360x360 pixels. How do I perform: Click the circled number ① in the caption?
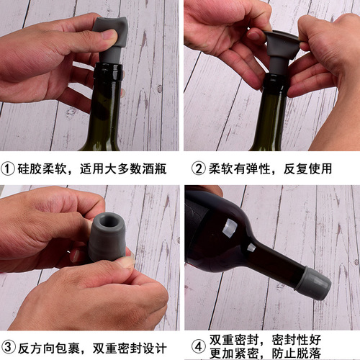(9, 169)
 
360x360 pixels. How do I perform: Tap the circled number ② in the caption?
(199, 169)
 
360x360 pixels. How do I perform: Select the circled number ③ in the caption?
(9, 346)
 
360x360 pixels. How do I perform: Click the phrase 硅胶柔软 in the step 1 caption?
(42, 169)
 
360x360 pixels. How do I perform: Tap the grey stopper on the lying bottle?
(315, 283)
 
